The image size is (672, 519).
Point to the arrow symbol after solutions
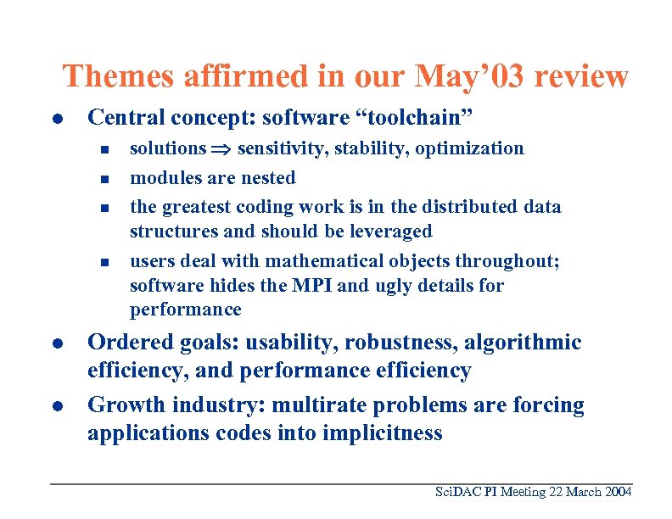(221, 149)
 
